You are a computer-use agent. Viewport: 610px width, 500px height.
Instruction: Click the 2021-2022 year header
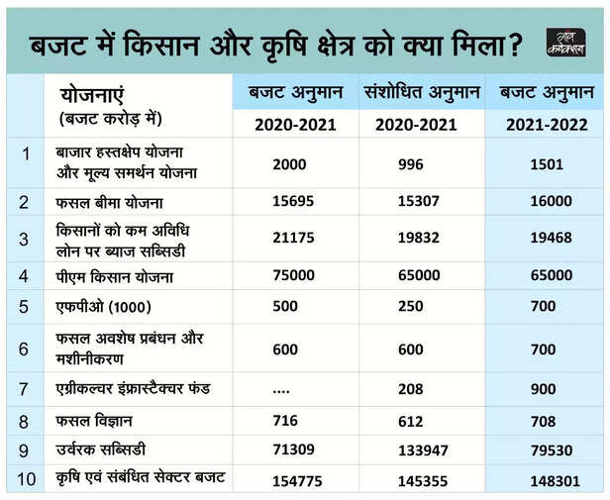point(547,125)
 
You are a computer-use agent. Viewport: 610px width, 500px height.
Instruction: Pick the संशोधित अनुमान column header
point(422,92)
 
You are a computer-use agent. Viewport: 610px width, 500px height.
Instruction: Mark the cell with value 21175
point(292,240)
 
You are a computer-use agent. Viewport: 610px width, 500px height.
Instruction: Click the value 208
point(411,389)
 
